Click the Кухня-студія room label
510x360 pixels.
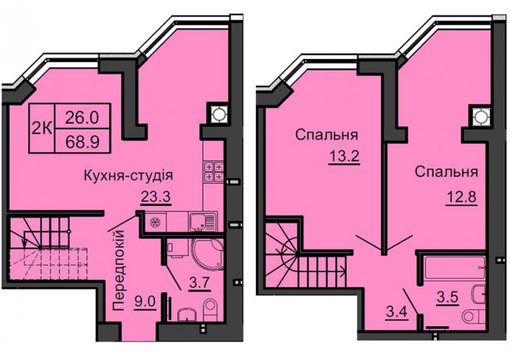point(128,176)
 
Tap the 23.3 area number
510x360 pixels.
point(156,197)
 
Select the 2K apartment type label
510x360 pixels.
point(42,129)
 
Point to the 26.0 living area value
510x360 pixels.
point(82,117)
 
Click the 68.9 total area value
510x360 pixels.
point(82,142)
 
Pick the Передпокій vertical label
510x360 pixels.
point(119,269)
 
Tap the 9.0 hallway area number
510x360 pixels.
point(145,302)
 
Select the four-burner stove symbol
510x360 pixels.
point(214,171)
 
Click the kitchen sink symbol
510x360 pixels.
point(203,222)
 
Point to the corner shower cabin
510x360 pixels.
point(208,255)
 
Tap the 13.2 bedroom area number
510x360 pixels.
point(344,157)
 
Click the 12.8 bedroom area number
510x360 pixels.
point(461,197)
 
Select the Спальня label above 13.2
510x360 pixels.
point(327,135)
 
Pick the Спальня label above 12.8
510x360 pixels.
point(447,172)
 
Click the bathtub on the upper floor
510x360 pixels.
point(455,267)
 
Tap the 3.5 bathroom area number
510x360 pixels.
point(448,297)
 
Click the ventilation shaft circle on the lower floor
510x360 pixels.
point(219,114)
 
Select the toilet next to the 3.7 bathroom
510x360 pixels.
point(211,310)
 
